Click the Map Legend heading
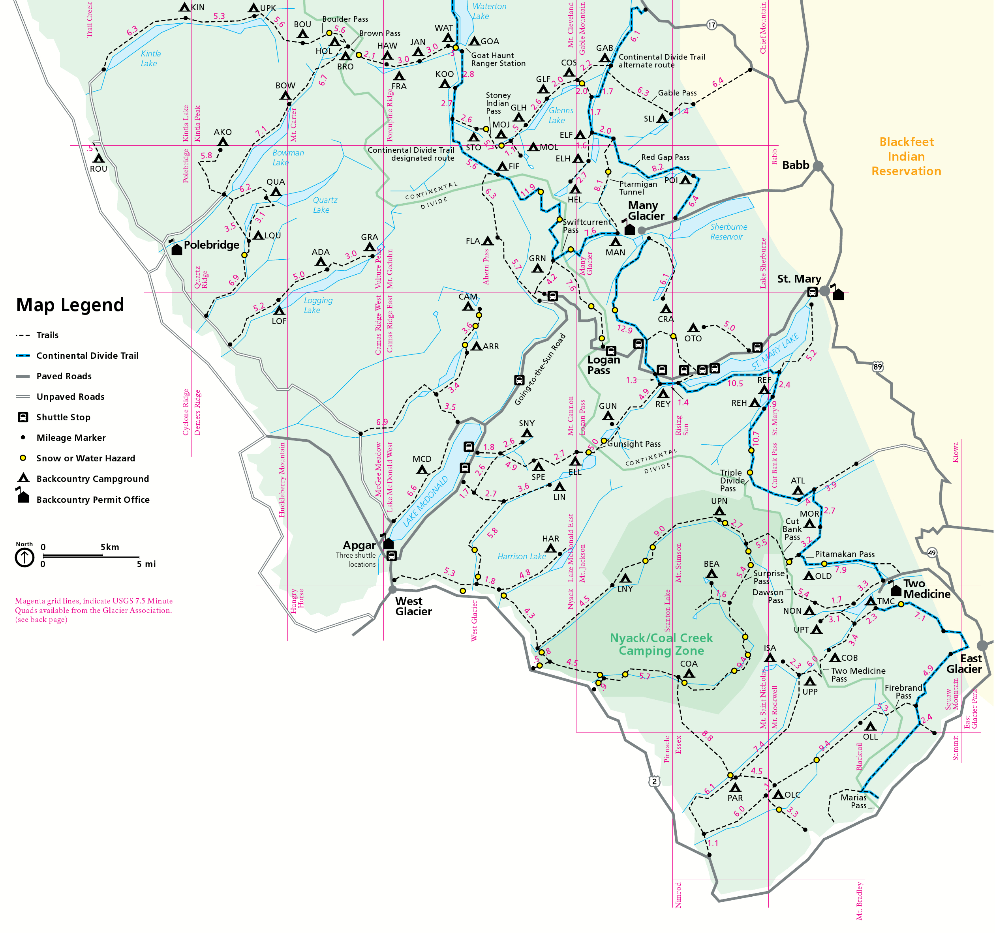tap(69, 305)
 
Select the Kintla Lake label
tap(150, 58)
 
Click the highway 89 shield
tap(877, 367)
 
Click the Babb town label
tap(795, 165)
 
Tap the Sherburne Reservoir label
tap(728, 232)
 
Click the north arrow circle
tap(24, 557)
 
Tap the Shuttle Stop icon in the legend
tap(23, 417)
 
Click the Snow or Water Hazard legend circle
tap(23, 458)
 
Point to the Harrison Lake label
tap(522, 556)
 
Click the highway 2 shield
tap(654, 781)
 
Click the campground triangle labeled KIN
tap(184, 7)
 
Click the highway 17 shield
tap(711, 24)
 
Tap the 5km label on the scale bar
tap(110, 547)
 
